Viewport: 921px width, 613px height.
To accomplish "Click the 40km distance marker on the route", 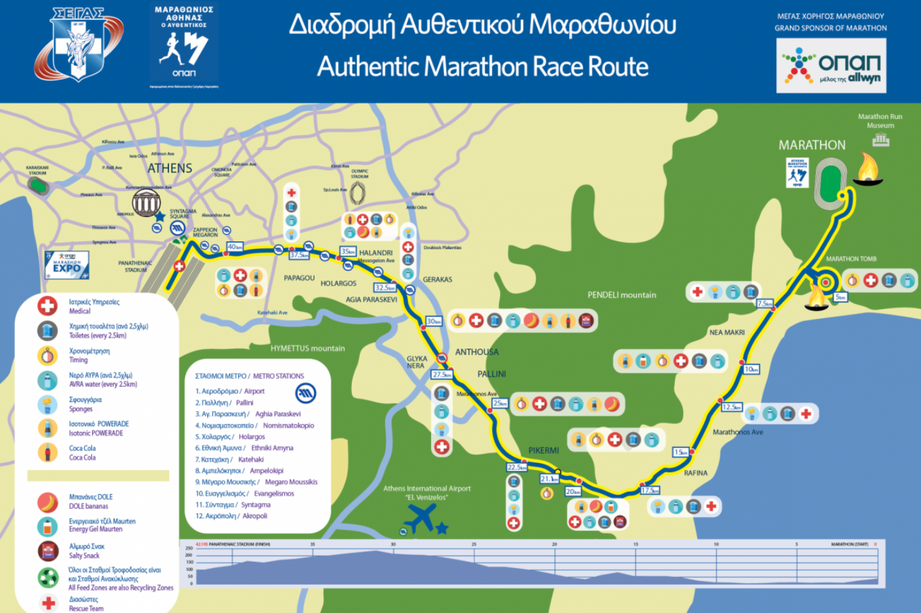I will coord(235,247).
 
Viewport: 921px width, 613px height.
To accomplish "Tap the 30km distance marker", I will coord(434,321).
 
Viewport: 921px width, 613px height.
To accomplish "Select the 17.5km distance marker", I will coord(650,490).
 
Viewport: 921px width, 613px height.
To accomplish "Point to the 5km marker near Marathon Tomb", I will coord(840,297).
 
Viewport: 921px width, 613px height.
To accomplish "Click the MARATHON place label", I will coord(812,145).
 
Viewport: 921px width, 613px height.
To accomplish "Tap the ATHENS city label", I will coord(170,168).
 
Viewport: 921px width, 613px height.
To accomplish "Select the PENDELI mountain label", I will coord(622,295).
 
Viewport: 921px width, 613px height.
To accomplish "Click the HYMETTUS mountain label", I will coord(307,348).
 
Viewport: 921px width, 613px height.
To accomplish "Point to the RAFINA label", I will coord(695,473).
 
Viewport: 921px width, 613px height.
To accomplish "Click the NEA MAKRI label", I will coord(727,332).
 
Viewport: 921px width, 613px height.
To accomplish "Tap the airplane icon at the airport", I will coord(420,519).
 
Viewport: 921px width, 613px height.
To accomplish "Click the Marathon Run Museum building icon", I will coord(881,139).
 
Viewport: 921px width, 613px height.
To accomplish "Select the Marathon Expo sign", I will coord(66,264).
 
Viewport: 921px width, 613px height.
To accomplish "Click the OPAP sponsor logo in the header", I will coord(831,65).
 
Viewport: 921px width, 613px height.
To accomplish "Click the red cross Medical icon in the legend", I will coord(47,306).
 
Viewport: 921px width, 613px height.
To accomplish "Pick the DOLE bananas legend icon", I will coord(47,502).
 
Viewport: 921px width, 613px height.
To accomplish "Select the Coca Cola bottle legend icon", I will coord(47,453).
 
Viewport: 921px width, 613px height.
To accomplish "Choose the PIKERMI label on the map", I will coord(543,451).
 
